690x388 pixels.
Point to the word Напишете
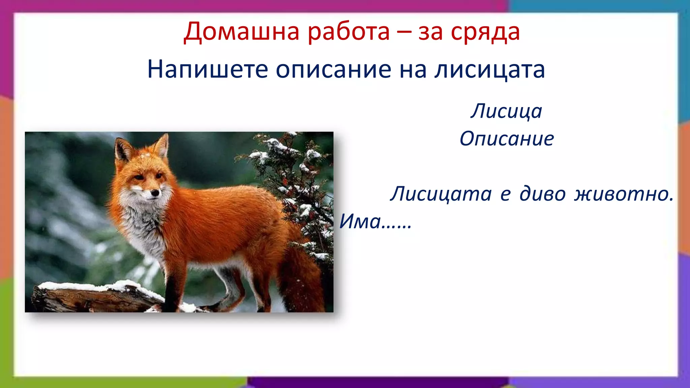208,69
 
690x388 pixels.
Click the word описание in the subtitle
334,69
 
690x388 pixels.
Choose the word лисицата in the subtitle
489,69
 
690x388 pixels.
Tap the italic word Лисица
506,111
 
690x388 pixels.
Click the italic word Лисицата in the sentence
441,194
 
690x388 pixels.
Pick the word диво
542,194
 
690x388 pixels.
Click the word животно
623,194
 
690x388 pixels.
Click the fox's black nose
155,193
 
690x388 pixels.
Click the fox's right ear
162,145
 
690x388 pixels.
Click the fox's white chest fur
145,226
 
